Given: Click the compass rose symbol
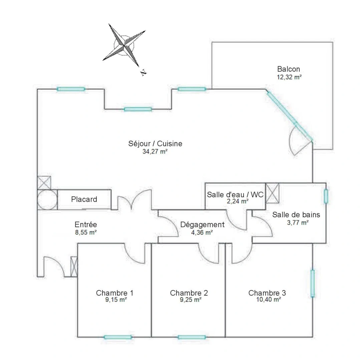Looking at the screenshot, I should [x=124, y=44].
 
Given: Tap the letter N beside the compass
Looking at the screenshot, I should [x=143, y=72].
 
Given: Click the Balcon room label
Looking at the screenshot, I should [x=288, y=69].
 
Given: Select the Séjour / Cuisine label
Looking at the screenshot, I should [x=155, y=144].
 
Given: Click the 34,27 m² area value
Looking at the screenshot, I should [x=155, y=151].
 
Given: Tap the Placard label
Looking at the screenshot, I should [x=84, y=199].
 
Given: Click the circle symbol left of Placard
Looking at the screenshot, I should [x=47, y=199].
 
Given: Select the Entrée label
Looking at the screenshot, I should [x=86, y=225].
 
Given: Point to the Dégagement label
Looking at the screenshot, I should [x=202, y=225].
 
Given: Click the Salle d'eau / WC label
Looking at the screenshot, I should [x=235, y=195].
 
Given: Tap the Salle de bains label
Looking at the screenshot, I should [x=296, y=215].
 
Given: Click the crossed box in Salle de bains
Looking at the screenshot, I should [x=273, y=193].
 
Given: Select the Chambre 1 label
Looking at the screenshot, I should [x=115, y=293].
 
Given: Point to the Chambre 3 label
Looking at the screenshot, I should [x=267, y=293].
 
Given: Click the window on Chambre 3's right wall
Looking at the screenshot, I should [x=312, y=283].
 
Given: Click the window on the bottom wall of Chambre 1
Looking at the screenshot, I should [x=117, y=337].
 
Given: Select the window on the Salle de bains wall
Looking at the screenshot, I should [x=326, y=196].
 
